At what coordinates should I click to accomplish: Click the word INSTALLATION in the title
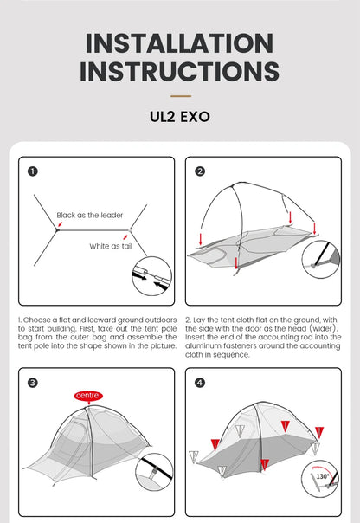(180, 43)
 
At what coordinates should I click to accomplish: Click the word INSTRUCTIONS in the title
(180, 71)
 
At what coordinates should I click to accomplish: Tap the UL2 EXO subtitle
(180, 117)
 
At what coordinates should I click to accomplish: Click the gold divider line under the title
(181, 96)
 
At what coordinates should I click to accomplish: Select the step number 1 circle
(33, 171)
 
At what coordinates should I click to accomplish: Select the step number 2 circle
(200, 171)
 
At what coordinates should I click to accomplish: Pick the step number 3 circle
(33, 383)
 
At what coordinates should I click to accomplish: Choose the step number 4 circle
(200, 383)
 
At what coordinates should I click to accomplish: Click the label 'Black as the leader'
(90, 215)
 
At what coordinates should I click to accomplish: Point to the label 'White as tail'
(111, 246)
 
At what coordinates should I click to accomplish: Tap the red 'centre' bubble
(88, 396)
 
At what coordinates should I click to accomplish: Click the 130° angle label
(322, 476)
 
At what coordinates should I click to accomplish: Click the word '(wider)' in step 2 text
(323, 328)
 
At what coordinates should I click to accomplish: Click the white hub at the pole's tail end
(130, 230)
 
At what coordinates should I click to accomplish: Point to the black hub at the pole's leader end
(57, 229)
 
